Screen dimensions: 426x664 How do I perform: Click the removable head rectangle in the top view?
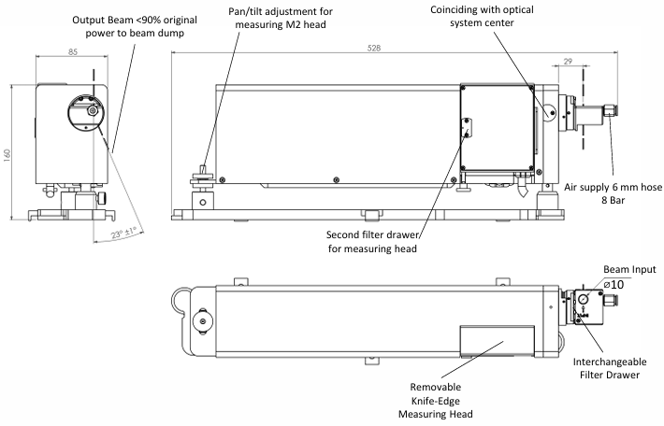coord(496,342)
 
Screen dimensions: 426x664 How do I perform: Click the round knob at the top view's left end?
coord(199,322)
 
